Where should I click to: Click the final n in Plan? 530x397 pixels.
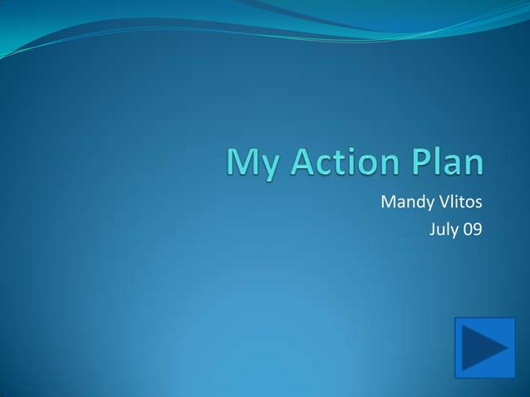tap(474, 164)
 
